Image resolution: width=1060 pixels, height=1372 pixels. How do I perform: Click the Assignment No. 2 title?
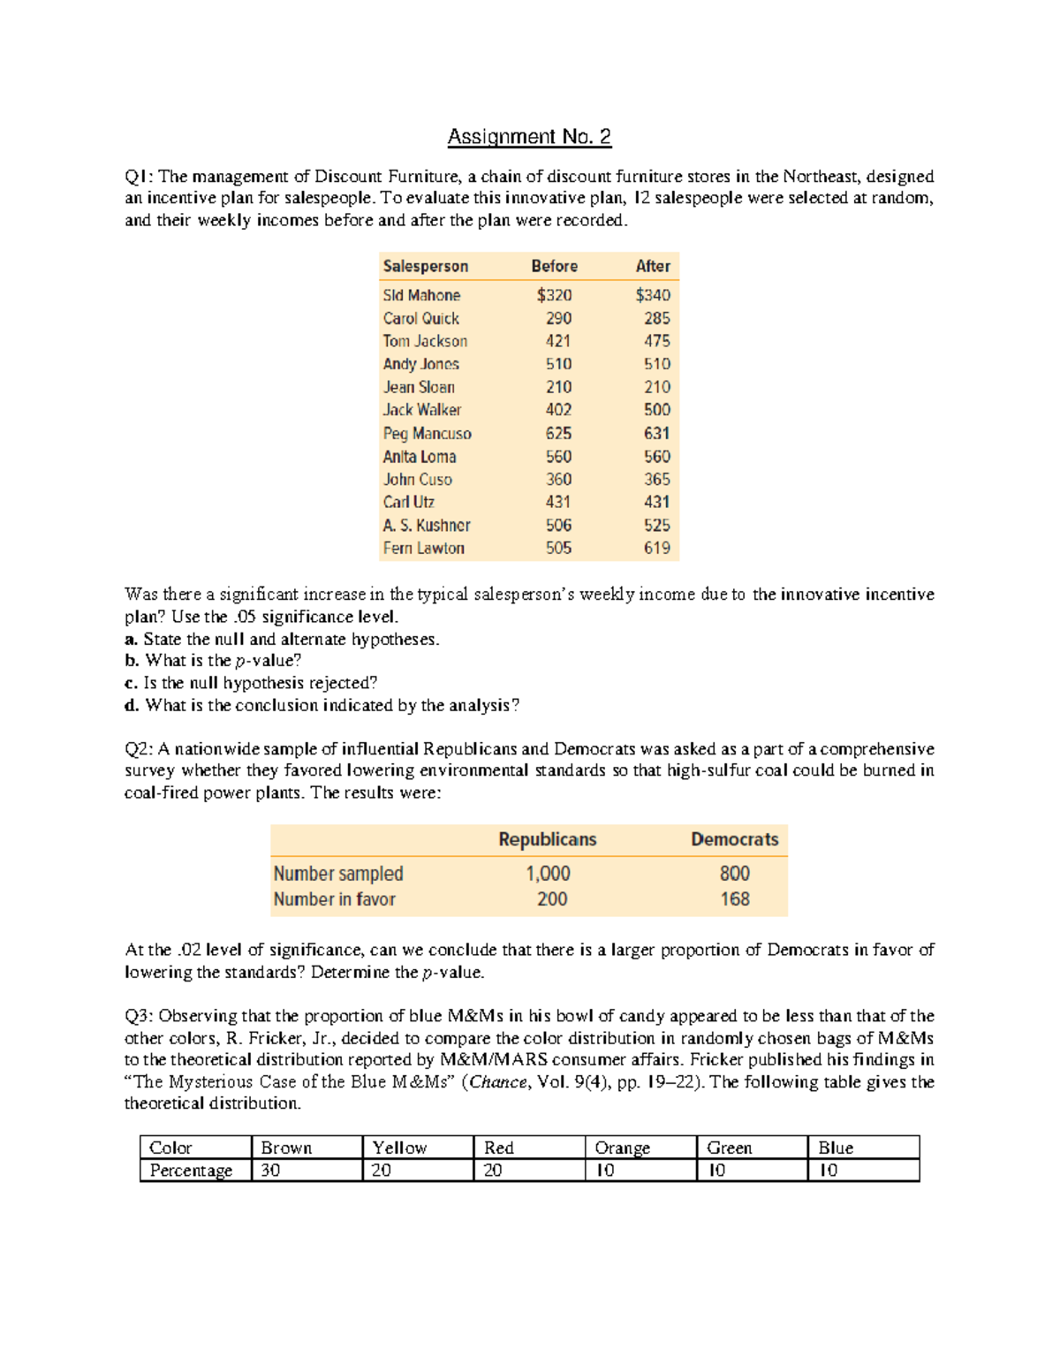pos(529,137)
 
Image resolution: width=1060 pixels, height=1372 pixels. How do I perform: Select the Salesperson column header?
pos(425,266)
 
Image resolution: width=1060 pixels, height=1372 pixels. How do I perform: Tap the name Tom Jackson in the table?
pos(425,341)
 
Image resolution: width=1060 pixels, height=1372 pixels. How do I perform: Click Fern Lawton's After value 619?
pos(656,548)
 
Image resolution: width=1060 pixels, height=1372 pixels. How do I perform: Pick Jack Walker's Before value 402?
pos(558,410)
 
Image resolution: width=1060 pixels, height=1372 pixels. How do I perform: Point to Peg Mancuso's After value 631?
pos(656,433)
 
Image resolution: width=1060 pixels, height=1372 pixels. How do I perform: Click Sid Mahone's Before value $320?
pos(554,295)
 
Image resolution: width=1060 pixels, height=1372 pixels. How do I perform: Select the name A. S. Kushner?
pos(427,525)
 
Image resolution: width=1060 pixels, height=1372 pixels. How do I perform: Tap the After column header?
pos(653,266)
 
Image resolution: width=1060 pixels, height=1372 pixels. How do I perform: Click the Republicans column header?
pos(547,839)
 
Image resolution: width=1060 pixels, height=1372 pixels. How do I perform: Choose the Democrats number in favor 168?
pos(734,899)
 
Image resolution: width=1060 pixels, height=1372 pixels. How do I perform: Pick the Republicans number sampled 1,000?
pos(548,874)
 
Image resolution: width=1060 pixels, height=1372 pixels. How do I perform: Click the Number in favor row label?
pos(334,899)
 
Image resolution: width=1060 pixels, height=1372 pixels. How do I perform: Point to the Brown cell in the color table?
pos(286,1148)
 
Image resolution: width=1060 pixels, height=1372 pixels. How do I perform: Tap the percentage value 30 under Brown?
pos(270,1171)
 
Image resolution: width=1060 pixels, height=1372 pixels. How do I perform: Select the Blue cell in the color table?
pos(836,1148)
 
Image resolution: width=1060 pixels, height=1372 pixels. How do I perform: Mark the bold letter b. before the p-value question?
pos(132,661)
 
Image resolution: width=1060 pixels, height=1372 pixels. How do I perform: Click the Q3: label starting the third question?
pos(139,1016)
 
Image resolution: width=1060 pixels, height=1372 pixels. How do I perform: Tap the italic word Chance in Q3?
pos(498,1082)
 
